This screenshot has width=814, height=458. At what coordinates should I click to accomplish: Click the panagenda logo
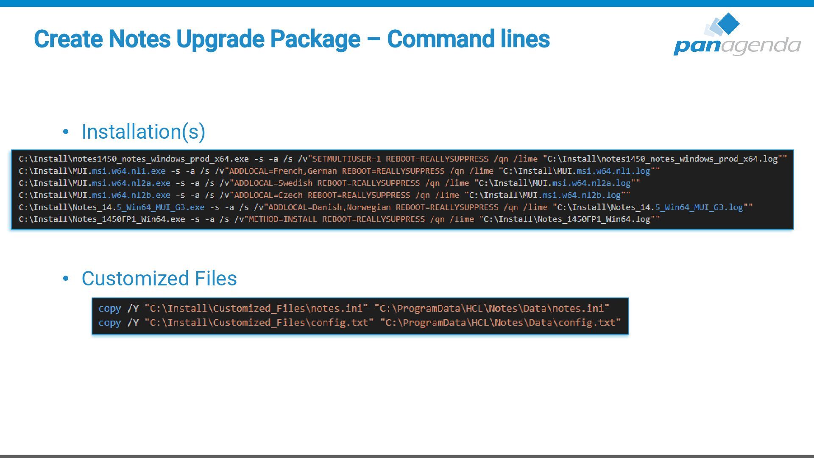pyautogui.click(x=737, y=35)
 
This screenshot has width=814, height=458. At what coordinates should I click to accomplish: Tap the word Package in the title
pyautogui.click(x=315, y=39)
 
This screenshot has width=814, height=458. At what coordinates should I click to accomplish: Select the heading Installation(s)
pyautogui.click(x=143, y=131)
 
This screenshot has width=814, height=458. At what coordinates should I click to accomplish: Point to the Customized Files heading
pyautogui.click(x=159, y=279)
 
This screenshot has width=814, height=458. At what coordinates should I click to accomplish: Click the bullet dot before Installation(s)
pyautogui.click(x=65, y=132)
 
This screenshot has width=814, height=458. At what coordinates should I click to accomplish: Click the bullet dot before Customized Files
pyautogui.click(x=65, y=279)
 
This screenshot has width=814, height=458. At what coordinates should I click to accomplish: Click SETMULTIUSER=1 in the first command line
pyautogui.click(x=347, y=159)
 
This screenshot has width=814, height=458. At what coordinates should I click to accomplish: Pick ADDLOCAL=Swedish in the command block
pyautogui.click(x=273, y=183)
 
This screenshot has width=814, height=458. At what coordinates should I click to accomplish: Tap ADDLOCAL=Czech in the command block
pyautogui.click(x=268, y=195)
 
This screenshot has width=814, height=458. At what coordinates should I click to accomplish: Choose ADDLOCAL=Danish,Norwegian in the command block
pyautogui.click(x=329, y=207)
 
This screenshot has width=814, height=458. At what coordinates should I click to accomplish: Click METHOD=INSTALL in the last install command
pyautogui.click(x=282, y=219)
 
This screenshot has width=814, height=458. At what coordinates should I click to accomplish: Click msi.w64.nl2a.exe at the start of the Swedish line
pyautogui.click(x=131, y=183)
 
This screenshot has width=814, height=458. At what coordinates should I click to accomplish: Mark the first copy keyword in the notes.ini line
pyautogui.click(x=109, y=308)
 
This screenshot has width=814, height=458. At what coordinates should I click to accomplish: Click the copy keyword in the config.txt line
pyautogui.click(x=109, y=323)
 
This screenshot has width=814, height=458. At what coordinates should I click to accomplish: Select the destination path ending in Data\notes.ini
pyautogui.click(x=492, y=308)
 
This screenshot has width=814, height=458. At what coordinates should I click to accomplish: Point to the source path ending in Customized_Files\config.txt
pyautogui.click(x=259, y=323)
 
